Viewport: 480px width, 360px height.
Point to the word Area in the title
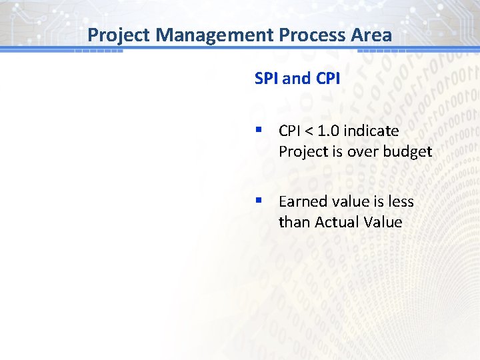click(x=371, y=35)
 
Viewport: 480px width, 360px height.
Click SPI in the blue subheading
click(x=267, y=79)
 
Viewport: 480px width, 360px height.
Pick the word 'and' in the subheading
click(x=296, y=79)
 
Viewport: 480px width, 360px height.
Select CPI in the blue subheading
click(x=327, y=79)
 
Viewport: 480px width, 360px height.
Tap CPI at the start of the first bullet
click(x=291, y=131)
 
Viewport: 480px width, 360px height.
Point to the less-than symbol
click(x=312, y=131)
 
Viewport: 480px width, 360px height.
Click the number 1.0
click(x=331, y=131)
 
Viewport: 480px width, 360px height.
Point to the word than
click(x=293, y=222)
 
